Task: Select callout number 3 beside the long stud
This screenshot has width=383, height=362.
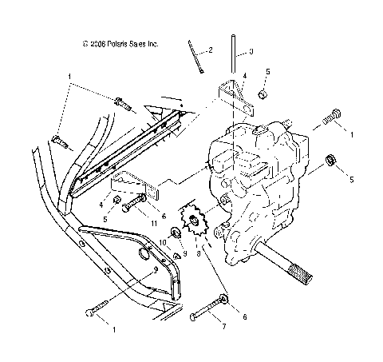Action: pos(251,51)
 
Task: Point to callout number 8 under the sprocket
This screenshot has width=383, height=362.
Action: pos(198,253)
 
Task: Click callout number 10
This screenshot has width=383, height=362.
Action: pos(160,241)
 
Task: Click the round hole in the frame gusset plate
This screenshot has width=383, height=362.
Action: pos(145,254)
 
